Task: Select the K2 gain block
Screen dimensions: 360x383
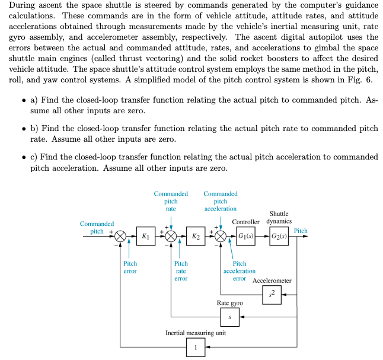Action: (x=196, y=237)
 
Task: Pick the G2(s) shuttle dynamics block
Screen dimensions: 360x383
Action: (x=279, y=237)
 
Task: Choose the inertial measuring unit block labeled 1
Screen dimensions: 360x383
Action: (x=196, y=347)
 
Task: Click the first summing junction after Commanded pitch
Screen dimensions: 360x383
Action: (x=120, y=237)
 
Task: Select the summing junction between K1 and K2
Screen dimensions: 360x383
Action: (x=171, y=237)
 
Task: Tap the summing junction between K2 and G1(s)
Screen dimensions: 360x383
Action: (x=221, y=237)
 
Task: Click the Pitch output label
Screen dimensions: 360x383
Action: (x=301, y=231)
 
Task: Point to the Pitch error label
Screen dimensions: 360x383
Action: (x=130, y=267)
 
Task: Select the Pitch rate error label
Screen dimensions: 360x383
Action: (x=181, y=271)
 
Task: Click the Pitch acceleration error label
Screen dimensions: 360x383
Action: (x=240, y=271)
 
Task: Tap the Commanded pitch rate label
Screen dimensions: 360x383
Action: (x=171, y=201)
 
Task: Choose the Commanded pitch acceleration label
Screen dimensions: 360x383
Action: (x=221, y=201)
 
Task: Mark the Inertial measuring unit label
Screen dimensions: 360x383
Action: (x=196, y=333)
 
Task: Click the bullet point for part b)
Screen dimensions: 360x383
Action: (x=22, y=129)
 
